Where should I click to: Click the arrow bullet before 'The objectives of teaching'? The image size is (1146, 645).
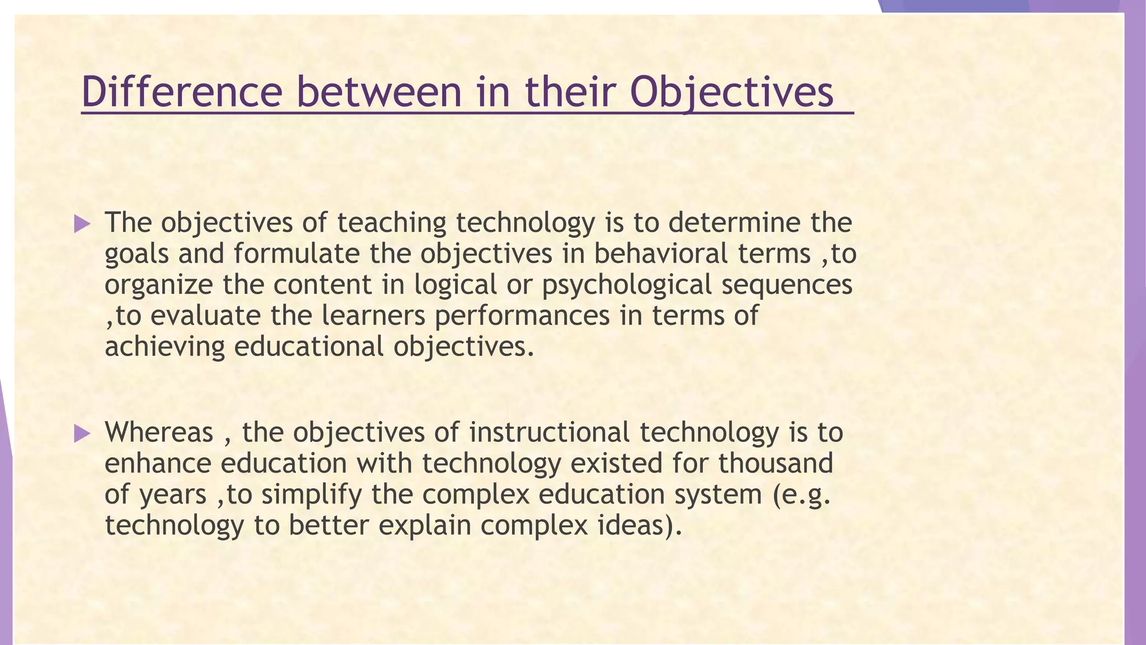[82, 225]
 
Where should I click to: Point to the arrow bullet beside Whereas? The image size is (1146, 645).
[82, 433]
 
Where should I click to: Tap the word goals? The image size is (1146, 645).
[137, 254]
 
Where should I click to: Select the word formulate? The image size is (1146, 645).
[297, 254]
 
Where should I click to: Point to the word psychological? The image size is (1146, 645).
[626, 285]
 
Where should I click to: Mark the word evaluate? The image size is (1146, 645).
[205, 316]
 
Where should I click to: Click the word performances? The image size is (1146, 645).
[522, 316]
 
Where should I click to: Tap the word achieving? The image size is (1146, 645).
[165, 347]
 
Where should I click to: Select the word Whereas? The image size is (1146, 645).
[159, 432]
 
